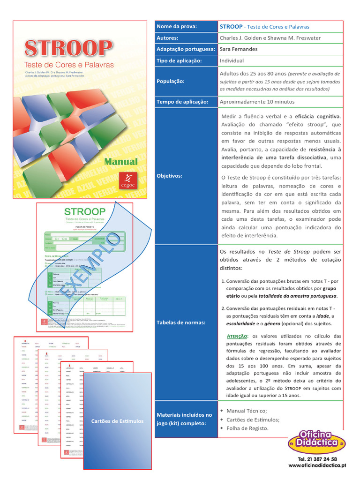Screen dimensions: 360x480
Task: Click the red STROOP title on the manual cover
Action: [68, 49]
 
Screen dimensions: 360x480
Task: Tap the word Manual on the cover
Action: [120, 162]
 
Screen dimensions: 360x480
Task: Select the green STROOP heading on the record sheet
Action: [85, 211]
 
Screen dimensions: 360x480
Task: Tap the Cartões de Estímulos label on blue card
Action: [117, 421]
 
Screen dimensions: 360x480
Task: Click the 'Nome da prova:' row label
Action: [177, 27]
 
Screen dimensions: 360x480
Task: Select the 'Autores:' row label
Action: [167, 38]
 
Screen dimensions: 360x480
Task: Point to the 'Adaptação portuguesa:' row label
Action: [186, 49]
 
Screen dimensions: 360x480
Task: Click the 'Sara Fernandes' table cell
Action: [238, 49]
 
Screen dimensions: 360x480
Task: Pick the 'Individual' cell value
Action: [232, 61]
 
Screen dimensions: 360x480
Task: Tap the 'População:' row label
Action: [171, 81]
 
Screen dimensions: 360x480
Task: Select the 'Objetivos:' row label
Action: [169, 175]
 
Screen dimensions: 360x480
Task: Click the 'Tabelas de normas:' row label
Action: [180, 322]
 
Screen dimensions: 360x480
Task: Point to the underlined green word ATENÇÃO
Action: [238, 336]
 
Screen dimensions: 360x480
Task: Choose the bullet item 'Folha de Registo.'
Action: [247, 428]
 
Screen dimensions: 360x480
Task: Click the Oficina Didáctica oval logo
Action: [317, 442]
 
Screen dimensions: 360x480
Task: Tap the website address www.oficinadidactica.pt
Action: [317, 465]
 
